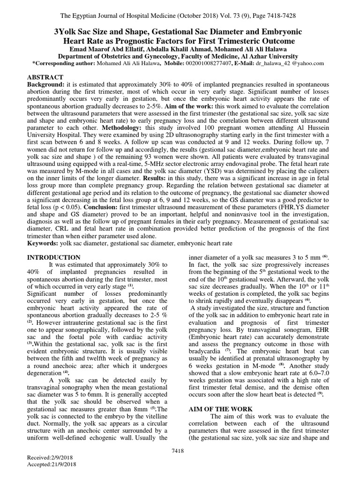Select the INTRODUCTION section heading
(54, 257)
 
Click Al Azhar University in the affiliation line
(264, 56)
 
